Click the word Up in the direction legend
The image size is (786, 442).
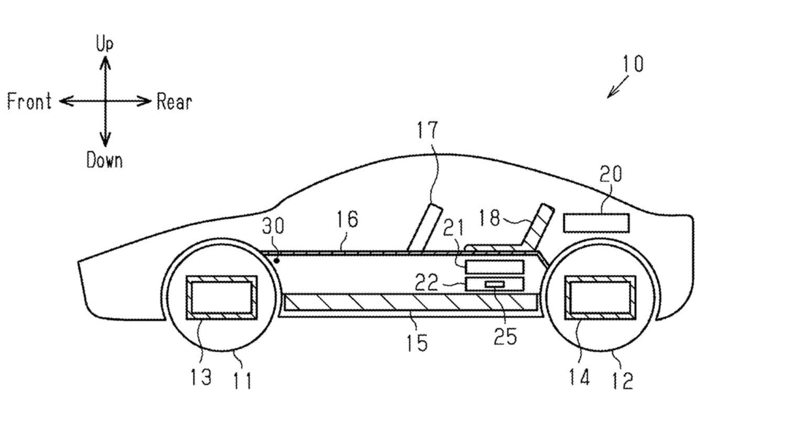click(104, 43)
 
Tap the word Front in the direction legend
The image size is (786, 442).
click(29, 101)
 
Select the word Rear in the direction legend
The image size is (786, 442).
click(174, 102)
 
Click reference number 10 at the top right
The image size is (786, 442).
click(632, 64)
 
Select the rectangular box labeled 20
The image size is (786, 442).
click(596, 223)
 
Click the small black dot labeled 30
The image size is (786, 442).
click(276, 259)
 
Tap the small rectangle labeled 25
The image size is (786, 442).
click(495, 284)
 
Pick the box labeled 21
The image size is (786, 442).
click(495, 267)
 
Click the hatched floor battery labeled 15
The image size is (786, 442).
click(411, 302)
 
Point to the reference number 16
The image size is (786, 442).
click(346, 219)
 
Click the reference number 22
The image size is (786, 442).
click(426, 283)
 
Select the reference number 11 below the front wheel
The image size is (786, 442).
click(242, 381)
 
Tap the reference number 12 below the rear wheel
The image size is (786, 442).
click(623, 381)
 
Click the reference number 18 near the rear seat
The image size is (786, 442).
click(489, 217)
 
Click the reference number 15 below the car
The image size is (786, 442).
click(416, 343)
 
